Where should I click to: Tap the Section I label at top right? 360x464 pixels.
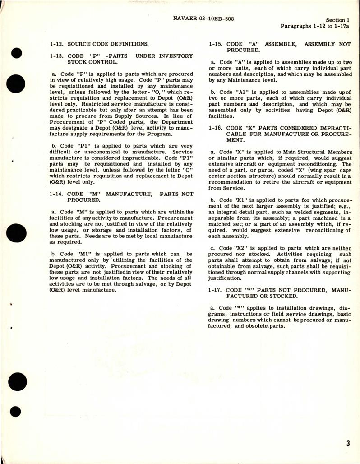pyautogui.click(x=337, y=20)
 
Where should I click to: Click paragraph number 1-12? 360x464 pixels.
pyautogui.click(x=57, y=44)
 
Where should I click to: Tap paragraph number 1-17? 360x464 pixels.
pyautogui.click(x=216, y=289)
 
